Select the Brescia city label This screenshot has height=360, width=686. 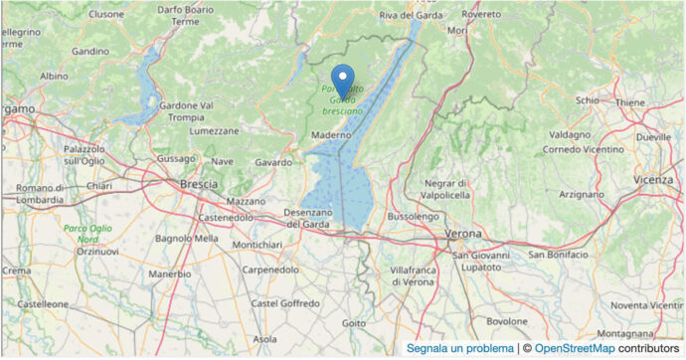[199, 184]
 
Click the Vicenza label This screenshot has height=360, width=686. [652, 179]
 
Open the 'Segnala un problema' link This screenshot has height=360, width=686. [460, 348]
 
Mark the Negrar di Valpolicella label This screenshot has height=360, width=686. [459, 189]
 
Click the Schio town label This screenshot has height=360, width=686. [588, 100]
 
